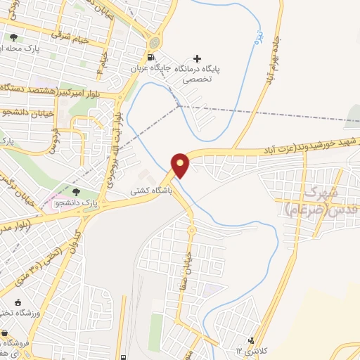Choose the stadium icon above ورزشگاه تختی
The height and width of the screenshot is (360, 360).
[5, 314]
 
